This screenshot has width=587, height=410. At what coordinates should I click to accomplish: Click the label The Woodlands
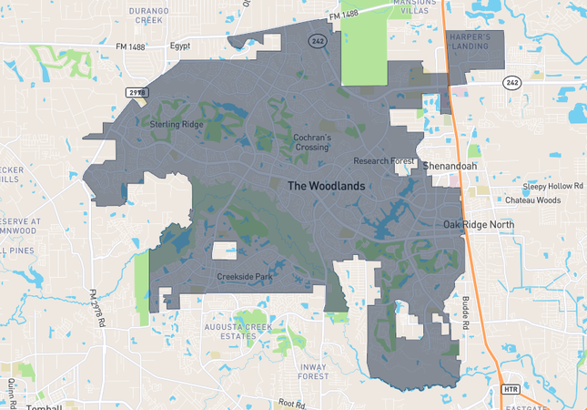(326, 185)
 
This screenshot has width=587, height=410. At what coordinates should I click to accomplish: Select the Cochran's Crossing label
(311, 143)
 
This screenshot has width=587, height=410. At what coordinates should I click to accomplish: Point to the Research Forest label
(384, 161)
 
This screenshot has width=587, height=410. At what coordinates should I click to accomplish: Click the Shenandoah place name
(450, 166)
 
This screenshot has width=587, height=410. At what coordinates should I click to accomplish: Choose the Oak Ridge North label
(479, 224)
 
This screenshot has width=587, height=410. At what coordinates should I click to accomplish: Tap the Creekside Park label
(245, 276)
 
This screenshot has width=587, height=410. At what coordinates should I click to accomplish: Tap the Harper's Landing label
(470, 42)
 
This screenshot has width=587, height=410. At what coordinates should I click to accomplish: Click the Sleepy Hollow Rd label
(553, 185)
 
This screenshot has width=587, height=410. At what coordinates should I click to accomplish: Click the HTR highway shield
(510, 390)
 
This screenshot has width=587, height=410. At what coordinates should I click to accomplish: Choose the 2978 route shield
(137, 94)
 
